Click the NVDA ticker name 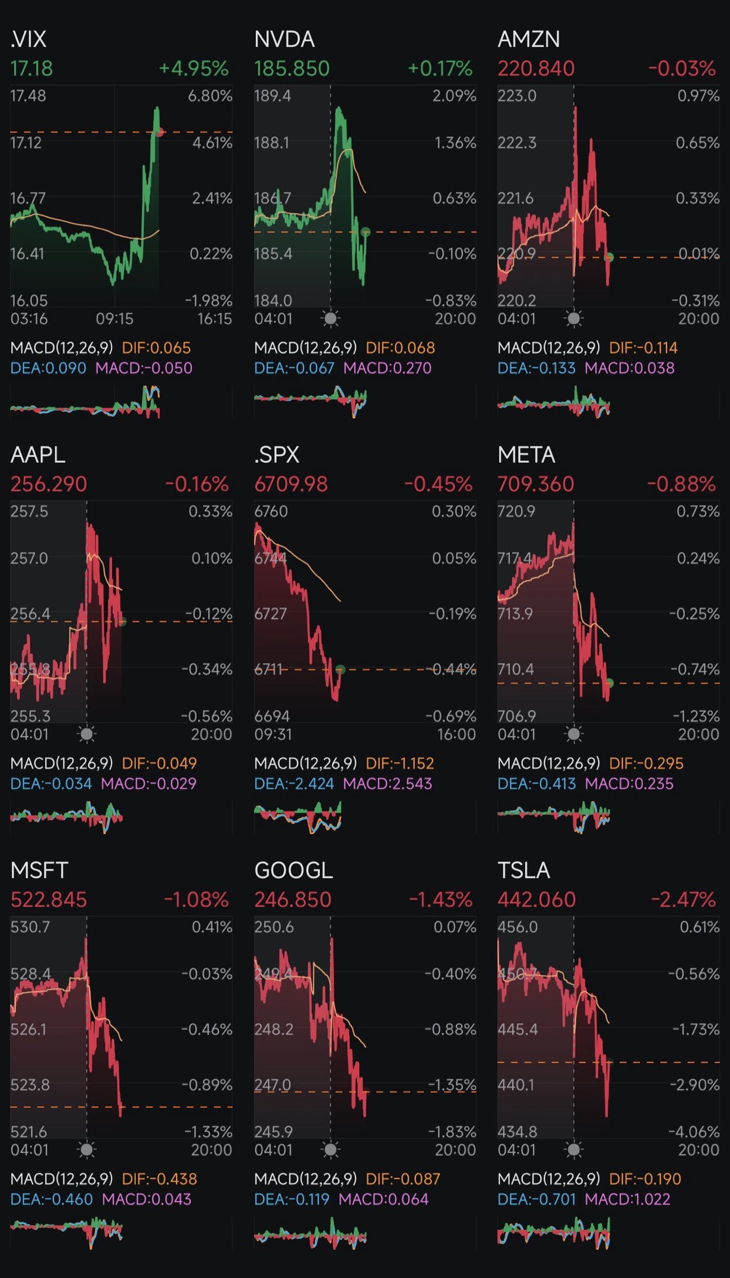pyautogui.click(x=285, y=39)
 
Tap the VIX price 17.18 pyautogui.click(x=32, y=69)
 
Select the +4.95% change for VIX pyautogui.click(x=194, y=69)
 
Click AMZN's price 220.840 pyautogui.click(x=536, y=69)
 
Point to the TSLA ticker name pyautogui.click(x=523, y=870)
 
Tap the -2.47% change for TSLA pyautogui.click(x=683, y=900)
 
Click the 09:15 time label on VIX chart pyautogui.click(x=114, y=319)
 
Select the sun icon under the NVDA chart pyautogui.click(x=331, y=319)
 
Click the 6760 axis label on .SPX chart pyautogui.click(x=271, y=512)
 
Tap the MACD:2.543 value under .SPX pyautogui.click(x=387, y=783)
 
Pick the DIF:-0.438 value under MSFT pyautogui.click(x=159, y=1179)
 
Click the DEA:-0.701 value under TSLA pyautogui.click(x=536, y=1199)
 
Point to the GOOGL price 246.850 pyautogui.click(x=292, y=900)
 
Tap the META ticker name pyautogui.click(x=526, y=455)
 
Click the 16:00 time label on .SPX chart pyautogui.click(x=456, y=735)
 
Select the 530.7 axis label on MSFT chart pyautogui.click(x=30, y=927)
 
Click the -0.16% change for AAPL pyautogui.click(x=197, y=485)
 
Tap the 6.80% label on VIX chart pyautogui.click(x=210, y=96)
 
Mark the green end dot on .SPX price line pyautogui.click(x=340, y=669)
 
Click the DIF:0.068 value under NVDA pyautogui.click(x=400, y=348)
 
